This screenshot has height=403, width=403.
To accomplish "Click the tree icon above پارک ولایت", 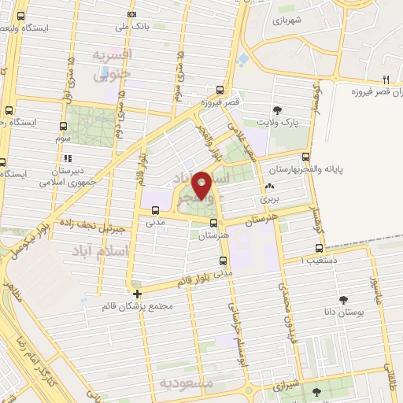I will tap(276, 110).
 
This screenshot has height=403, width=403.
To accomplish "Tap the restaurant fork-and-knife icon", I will tap(386, 79).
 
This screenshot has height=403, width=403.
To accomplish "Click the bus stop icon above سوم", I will tap(63, 125).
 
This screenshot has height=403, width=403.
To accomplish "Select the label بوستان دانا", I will tap(345, 312).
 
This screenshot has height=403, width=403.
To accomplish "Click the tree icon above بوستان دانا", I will tap(343, 299).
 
